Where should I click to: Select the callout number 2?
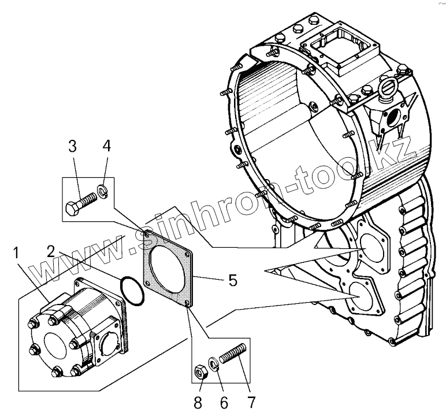point(51,251)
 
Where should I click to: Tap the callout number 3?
point(72,146)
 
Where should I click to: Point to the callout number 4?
point(106,146)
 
